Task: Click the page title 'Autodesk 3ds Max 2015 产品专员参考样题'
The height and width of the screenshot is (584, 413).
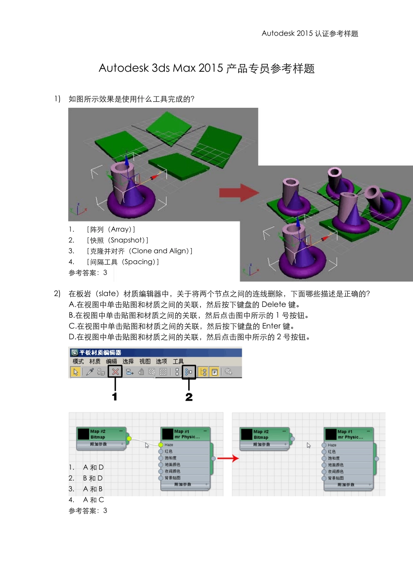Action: (x=206, y=69)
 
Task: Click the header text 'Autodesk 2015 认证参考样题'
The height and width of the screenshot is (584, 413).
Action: (x=310, y=33)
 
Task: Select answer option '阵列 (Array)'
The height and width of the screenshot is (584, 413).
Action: (x=111, y=229)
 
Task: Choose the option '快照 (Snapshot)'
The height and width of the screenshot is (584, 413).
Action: (x=117, y=240)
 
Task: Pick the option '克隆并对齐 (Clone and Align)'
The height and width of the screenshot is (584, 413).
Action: (x=139, y=251)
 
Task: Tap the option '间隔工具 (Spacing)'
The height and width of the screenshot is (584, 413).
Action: (x=123, y=262)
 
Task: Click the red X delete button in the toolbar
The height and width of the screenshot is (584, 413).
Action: (x=115, y=372)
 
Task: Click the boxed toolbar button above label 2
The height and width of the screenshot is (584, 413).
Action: (x=189, y=372)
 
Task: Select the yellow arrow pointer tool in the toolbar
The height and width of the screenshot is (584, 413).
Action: (x=76, y=372)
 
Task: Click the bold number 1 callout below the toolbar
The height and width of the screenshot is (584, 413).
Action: (x=115, y=396)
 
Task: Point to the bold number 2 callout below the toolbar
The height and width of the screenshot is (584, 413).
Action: (x=189, y=397)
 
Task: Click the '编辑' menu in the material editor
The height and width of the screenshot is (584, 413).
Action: (x=112, y=362)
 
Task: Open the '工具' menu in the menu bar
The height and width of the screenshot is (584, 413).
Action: (x=178, y=362)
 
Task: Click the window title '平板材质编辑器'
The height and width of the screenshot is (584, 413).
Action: (x=100, y=352)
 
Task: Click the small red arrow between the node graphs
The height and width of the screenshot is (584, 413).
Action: (x=228, y=458)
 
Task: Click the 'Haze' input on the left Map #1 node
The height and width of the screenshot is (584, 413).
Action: (x=169, y=445)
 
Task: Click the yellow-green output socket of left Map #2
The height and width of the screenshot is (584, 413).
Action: (x=129, y=438)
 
